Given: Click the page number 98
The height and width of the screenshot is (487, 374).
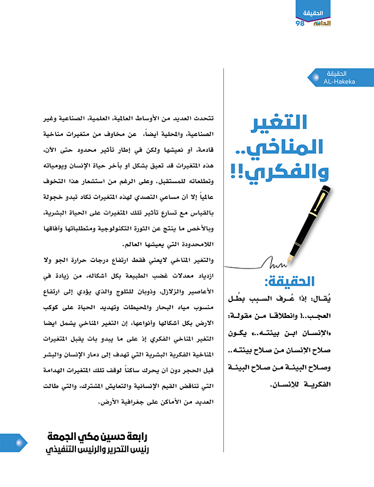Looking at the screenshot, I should click(x=299, y=23).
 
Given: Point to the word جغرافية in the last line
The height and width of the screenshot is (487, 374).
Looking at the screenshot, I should click(x=105, y=403).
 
